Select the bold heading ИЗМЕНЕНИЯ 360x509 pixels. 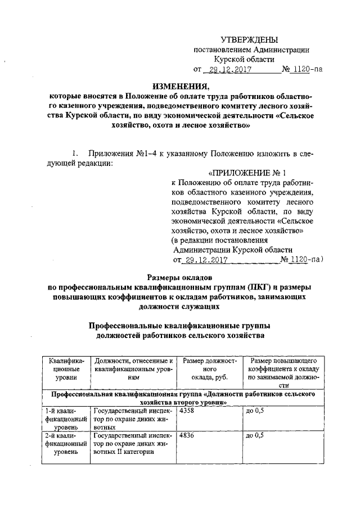click(x=179, y=86)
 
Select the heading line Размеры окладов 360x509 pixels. click(x=179, y=277)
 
